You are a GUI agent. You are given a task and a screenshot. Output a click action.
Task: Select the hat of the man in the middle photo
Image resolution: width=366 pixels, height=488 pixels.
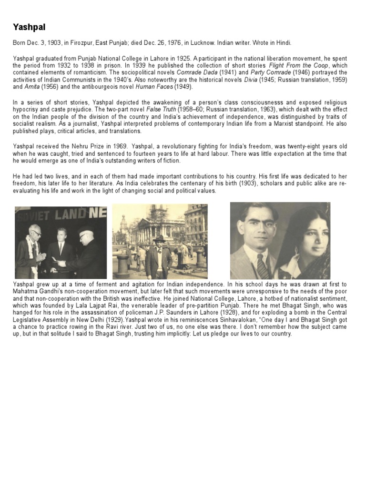(x=159, y=236)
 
